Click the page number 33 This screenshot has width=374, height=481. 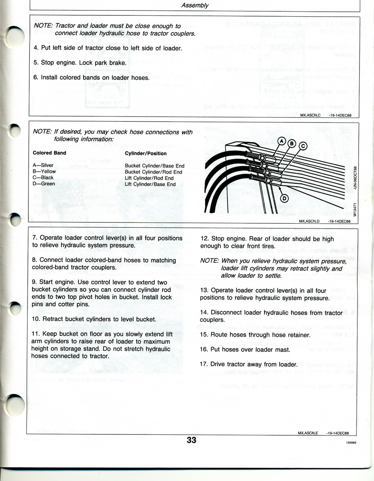191,440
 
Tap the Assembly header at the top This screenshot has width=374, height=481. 195,5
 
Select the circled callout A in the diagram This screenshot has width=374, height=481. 281,141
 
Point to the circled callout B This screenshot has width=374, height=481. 292,144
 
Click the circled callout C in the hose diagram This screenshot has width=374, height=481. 303,146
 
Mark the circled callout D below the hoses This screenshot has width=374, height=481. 284,198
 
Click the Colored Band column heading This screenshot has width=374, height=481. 49,153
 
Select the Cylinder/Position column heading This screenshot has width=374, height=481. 146,154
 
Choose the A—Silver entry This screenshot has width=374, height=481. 43,165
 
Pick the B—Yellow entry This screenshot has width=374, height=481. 44,171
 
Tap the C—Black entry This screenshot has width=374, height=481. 43,178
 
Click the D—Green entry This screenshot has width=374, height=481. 44,184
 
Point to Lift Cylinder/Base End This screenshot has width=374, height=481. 150,184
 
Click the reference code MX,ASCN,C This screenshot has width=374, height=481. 310,115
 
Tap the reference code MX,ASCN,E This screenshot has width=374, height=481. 308,433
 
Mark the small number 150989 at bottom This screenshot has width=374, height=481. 351,443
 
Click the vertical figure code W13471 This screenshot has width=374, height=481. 355,210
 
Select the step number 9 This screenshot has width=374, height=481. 34,282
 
